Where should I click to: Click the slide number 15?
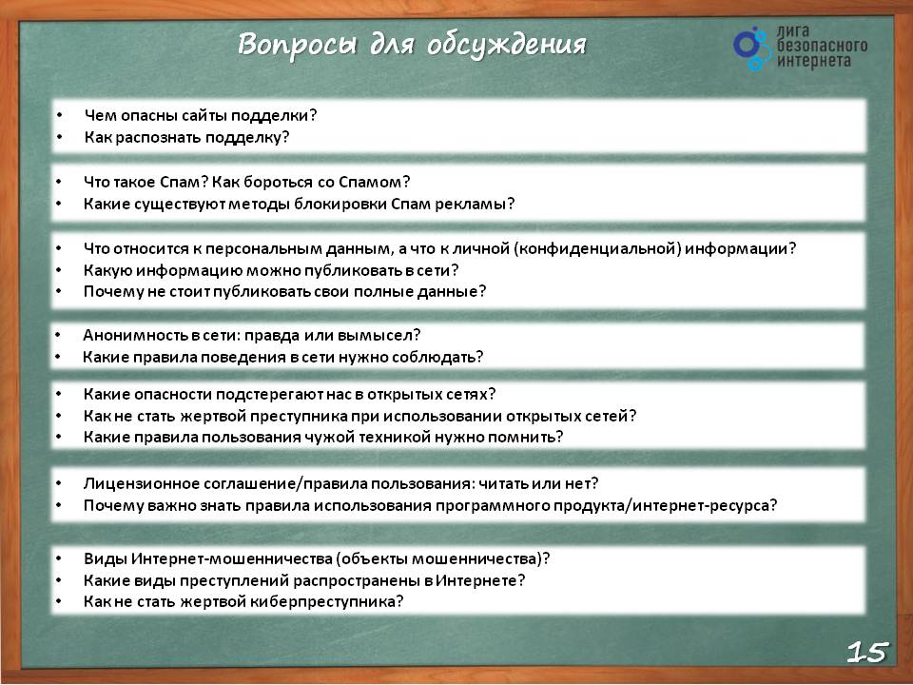pos(868,652)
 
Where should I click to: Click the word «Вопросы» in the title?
pos(297,45)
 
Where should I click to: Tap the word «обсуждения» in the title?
pos(506,45)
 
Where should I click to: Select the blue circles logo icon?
pos(751,49)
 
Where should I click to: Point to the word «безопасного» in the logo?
pos(822,46)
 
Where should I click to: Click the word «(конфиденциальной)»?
pos(597,249)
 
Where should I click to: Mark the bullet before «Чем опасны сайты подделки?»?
pos(59,115)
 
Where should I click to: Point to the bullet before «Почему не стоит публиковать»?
pos(59,290)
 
